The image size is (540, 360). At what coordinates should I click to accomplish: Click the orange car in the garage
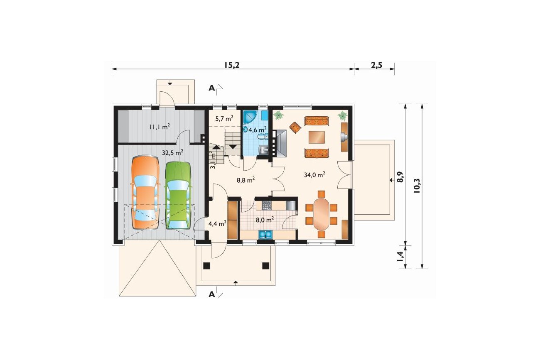tap(145, 193)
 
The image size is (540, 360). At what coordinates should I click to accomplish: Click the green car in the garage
tap(178, 196)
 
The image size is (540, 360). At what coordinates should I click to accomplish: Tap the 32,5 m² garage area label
tap(172, 152)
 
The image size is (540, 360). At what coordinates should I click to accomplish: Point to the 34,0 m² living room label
tap(314, 174)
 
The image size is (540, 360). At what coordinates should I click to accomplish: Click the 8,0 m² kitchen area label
tap(265, 220)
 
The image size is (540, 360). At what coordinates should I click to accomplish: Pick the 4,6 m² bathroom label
tap(258, 130)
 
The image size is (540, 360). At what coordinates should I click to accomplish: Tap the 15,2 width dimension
tap(232, 65)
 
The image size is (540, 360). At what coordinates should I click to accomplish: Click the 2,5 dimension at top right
tap(377, 65)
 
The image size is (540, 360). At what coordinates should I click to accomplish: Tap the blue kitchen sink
tap(265, 234)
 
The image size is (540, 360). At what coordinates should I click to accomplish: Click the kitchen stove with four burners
tap(267, 205)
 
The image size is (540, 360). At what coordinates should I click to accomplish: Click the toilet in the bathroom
tap(263, 137)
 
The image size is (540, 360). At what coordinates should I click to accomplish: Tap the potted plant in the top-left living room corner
tap(278, 115)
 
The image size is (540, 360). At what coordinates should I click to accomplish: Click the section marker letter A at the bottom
tap(211, 294)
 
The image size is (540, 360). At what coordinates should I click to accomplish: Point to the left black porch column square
tap(207, 266)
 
